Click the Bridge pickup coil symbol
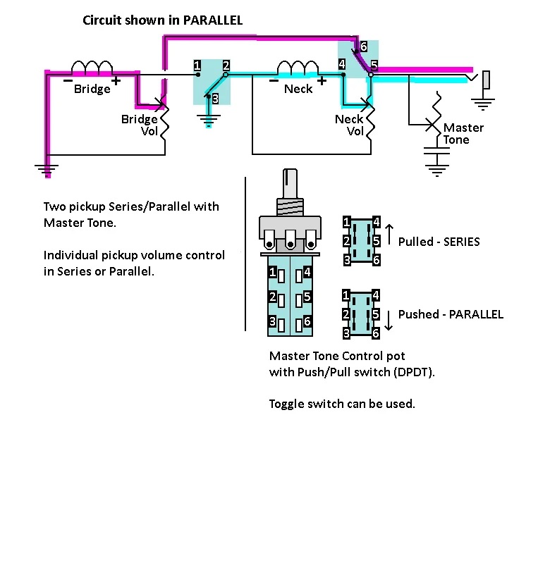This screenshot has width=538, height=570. (x=92, y=67)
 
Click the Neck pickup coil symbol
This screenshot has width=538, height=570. (x=298, y=67)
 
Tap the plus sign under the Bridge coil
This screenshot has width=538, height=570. (x=116, y=81)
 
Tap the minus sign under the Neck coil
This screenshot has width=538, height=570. (x=274, y=81)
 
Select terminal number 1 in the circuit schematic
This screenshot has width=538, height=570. (x=197, y=66)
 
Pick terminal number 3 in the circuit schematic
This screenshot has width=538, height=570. (x=215, y=99)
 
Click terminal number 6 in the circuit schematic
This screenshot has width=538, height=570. (x=363, y=47)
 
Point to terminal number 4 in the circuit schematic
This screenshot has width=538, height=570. (x=342, y=64)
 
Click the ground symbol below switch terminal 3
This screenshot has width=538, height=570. (x=209, y=119)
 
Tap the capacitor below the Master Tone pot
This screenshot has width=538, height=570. (x=436, y=151)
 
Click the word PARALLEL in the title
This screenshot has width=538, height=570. (x=213, y=20)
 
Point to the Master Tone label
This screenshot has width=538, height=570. (x=463, y=133)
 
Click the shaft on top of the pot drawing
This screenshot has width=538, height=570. (x=290, y=184)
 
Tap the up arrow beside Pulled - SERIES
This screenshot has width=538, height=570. (x=389, y=235)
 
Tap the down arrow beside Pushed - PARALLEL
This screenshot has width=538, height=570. (x=389, y=321)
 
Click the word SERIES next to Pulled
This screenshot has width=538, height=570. (x=462, y=242)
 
